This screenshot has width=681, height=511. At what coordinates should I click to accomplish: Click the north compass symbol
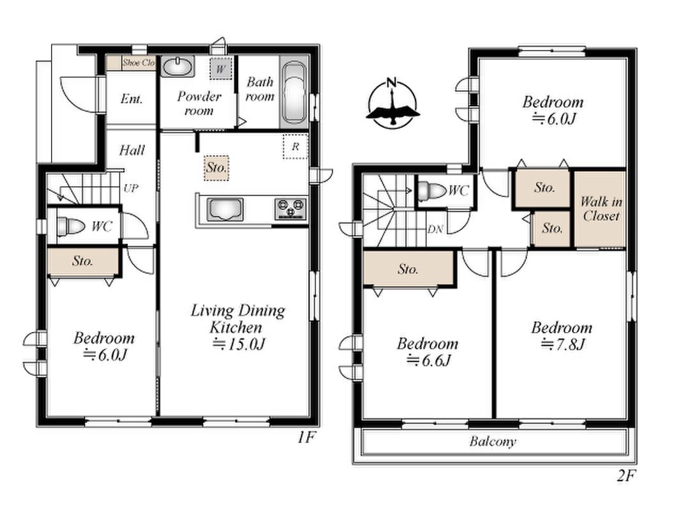(393, 103)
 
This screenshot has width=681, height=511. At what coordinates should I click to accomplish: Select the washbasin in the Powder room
(177, 66)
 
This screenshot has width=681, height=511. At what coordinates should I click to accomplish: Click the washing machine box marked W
(221, 68)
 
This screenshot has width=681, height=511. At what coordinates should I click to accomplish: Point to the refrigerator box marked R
(296, 146)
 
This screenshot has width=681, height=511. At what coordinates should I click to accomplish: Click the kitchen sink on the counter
(225, 209)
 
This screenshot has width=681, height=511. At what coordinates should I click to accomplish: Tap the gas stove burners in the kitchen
(290, 209)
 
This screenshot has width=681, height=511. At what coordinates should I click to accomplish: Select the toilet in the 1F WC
(71, 226)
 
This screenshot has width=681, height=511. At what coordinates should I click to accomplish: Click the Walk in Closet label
(601, 209)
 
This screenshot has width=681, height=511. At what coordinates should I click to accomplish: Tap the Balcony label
(493, 441)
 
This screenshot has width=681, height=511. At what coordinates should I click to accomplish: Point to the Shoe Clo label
(138, 63)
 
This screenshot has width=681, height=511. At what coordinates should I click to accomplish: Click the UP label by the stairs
(131, 188)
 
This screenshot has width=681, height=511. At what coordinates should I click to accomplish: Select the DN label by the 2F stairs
(435, 229)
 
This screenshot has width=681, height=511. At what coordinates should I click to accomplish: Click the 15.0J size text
(239, 344)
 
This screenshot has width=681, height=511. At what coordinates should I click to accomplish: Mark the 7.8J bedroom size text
(563, 344)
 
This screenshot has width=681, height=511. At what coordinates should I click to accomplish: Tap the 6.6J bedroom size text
(429, 360)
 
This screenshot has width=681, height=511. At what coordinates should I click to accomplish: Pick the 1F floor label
(305, 437)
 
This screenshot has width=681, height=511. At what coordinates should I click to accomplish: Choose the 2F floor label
(626, 476)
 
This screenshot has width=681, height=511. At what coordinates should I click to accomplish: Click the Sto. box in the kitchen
(216, 168)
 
